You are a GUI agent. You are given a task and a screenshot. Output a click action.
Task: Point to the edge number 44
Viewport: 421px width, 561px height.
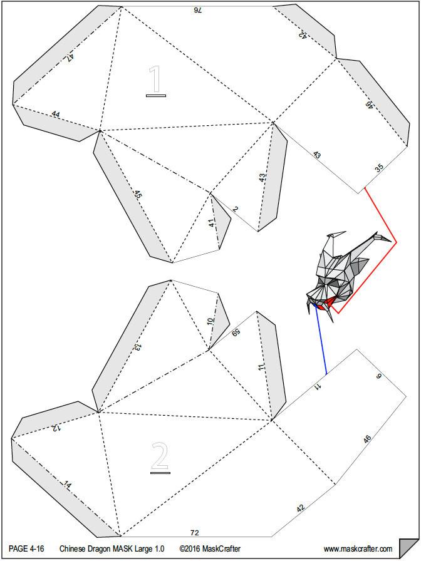click(x=56, y=115)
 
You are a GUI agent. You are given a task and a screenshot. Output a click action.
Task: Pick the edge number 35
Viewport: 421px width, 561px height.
click(x=379, y=167)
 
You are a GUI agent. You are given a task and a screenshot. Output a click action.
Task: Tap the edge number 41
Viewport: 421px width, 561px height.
click(x=212, y=222)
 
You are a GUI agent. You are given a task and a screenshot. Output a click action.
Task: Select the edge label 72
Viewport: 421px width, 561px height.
click(x=194, y=532)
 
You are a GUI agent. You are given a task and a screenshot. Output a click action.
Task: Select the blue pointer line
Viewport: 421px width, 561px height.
click(x=321, y=341)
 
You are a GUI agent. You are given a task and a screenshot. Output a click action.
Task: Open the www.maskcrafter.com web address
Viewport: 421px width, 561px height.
click(x=358, y=549)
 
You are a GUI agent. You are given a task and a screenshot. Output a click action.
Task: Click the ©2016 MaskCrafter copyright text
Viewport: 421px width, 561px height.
click(x=210, y=549)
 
